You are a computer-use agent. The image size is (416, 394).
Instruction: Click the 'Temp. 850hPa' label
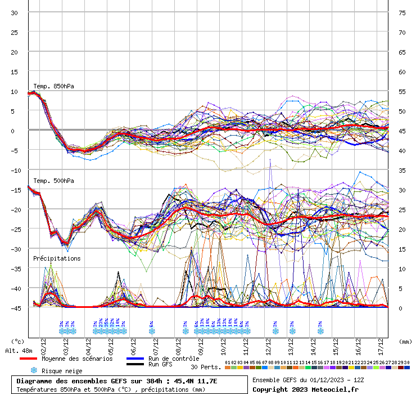point(53,86)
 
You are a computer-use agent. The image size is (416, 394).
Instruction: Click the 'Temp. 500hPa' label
point(53,181)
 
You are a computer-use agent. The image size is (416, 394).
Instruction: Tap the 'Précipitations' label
point(56,258)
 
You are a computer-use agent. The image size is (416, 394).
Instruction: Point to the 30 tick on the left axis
point(14,12)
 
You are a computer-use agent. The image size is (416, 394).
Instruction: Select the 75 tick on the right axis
point(402,12)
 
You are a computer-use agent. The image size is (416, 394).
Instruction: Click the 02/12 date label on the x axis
point(43,344)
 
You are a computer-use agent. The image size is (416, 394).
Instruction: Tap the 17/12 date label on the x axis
point(381,344)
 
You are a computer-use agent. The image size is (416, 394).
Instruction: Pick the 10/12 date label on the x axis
point(223,344)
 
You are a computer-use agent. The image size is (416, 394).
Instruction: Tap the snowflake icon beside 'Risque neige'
point(34,370)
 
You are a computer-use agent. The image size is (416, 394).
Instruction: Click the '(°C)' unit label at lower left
point(18,341)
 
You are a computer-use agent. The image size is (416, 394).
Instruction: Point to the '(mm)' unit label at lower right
point(405,341)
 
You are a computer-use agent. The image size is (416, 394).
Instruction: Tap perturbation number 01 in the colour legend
point(227,362)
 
